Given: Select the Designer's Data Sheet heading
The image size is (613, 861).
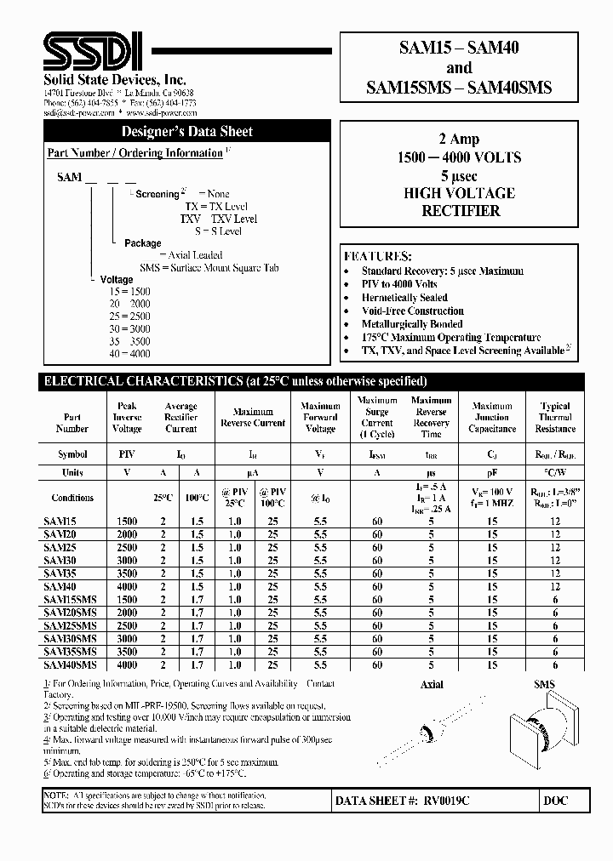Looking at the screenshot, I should click(186, 132).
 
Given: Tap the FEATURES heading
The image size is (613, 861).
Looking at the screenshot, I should click(378, 256).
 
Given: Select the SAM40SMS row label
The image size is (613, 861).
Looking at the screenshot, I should click(72, 664).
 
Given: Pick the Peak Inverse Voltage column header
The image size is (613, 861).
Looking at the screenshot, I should click(127, 418).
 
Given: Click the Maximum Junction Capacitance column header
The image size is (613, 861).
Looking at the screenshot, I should click(492, 418).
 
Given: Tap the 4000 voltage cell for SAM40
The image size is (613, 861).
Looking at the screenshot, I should click(126, 587).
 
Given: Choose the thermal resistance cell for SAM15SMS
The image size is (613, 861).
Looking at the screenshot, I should click(555, 600).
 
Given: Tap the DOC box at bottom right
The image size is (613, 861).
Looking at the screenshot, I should click(554, 801).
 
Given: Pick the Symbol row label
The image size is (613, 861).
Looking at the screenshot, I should click(72, 455).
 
